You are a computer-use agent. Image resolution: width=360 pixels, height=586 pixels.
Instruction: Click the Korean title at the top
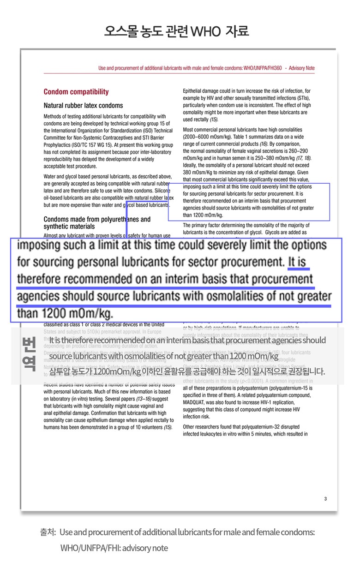177,31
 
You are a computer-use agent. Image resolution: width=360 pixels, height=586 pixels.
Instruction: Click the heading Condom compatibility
76,91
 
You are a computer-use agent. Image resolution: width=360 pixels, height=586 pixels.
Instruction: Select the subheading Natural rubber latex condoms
83,106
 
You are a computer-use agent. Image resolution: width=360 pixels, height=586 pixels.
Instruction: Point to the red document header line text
206,68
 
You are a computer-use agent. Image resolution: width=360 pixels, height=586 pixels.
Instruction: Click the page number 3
325,498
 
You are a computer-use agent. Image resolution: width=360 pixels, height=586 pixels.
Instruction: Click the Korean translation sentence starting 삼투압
187,371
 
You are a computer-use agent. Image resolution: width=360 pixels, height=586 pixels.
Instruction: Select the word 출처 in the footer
48,532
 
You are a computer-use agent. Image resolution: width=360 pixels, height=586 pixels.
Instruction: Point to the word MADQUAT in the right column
198,402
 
